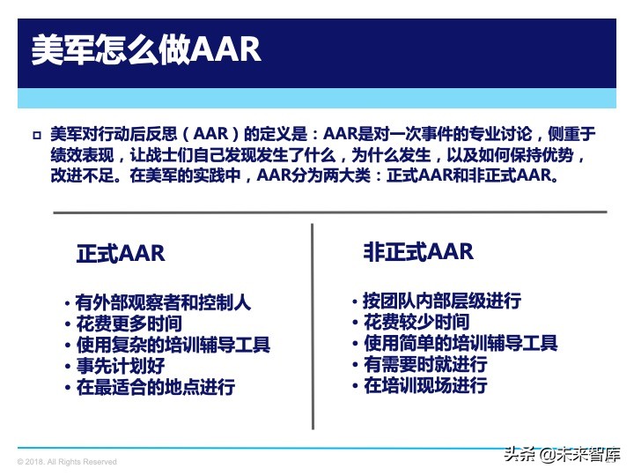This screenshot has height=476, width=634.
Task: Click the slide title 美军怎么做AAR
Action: pos(145,49)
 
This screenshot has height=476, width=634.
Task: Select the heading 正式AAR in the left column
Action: pos(121,253)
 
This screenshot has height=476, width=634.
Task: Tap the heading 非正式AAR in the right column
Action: pos(418,251)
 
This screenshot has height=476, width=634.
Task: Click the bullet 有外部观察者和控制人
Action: pos(163,302)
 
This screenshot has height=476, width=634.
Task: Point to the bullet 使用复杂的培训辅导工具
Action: pos(173,345)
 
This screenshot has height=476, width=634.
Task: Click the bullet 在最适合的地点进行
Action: pos(155,387)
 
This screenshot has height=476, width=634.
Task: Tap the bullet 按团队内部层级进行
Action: pos(441,301)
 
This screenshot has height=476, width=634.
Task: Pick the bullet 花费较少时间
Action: pos(416,322)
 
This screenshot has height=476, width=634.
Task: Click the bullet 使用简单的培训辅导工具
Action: pos(461,343)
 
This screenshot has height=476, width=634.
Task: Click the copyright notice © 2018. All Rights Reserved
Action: pos(67,462)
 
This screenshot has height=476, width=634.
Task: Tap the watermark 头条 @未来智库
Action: pos(560,455)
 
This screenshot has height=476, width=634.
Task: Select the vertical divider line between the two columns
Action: pos(313,326)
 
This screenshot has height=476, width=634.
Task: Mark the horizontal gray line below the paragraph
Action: pos(329,212)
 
